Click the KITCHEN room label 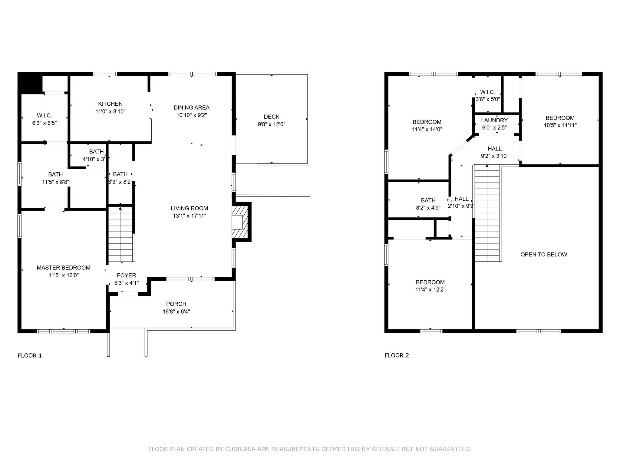[110, 104]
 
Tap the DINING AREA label [191, 107]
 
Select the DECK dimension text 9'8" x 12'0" [272, 124]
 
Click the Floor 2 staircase [487, 213]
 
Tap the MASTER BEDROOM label [64, 268]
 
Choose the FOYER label [127, 275]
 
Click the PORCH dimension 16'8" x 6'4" [176, 312]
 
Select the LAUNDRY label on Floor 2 [494, 120]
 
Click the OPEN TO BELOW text [544, 255]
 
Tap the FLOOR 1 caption [30, 355]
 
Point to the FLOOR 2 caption [397, 355]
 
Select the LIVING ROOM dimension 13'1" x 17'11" [189, 216]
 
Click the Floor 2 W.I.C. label [488, 92]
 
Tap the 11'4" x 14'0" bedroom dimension [427, 129]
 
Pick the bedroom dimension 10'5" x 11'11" [560, 125]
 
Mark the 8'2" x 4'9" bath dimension [428, 208]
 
